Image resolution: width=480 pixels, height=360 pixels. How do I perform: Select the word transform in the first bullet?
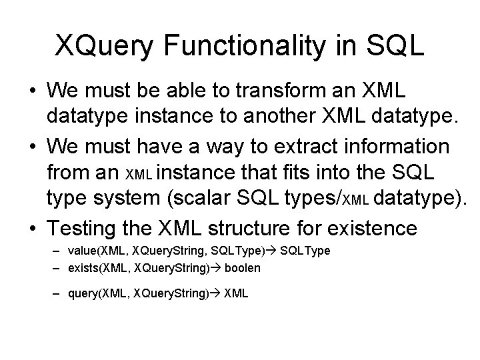click(246, 89)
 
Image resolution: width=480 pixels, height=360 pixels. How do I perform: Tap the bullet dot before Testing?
click(33, 229)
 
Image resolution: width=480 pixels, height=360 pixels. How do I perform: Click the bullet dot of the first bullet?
click(33, 90)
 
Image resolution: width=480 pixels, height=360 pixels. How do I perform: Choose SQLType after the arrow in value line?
click(305, 251)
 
